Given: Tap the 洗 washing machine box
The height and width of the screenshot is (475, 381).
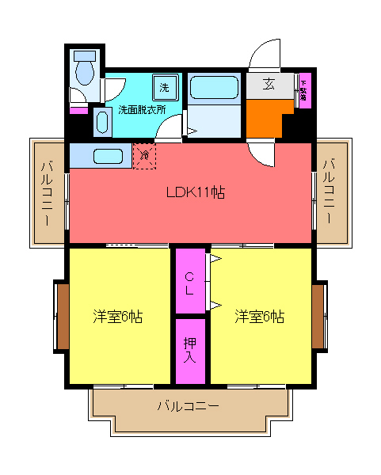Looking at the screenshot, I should point(164,86).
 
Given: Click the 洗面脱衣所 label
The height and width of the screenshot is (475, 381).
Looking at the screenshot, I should point(142,109).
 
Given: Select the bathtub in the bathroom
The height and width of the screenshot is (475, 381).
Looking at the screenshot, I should point(214,89).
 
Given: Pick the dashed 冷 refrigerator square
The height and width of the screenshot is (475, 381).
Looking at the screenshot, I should point(144,155).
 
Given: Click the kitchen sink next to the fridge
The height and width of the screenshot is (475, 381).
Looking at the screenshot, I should point(106,156).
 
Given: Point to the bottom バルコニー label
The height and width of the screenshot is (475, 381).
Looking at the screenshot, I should point(188,407).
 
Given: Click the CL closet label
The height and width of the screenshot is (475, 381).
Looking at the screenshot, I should point(190,283).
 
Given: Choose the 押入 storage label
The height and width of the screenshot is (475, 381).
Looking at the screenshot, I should point(190,350).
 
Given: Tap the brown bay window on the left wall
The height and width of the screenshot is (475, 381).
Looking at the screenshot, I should point(61,316).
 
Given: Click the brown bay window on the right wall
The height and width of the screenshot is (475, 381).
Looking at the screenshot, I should point(318,316).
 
